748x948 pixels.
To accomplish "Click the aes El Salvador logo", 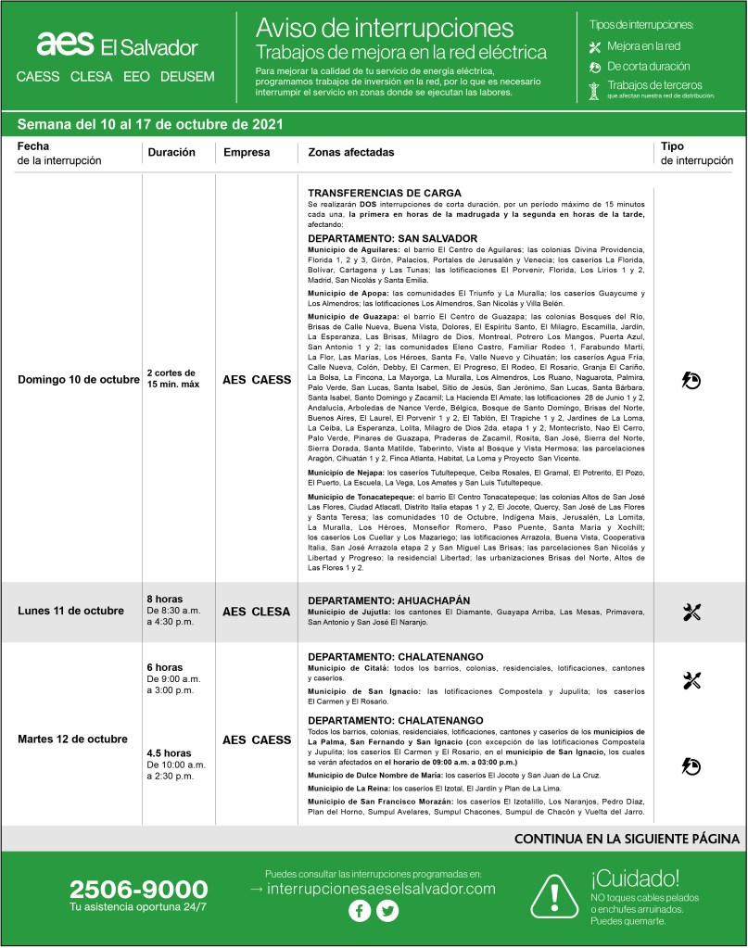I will [x=117, y=45].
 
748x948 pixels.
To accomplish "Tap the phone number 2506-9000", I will [x=138, y=890].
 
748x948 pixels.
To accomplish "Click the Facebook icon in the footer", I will [x=359, y=911].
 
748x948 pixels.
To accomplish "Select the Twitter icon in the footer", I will [x=387, y=911].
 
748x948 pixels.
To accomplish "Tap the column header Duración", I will [x=171, y=152].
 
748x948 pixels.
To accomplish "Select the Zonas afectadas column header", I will [x=345, y=152].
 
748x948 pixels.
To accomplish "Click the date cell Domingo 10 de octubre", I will [x=79, y=380].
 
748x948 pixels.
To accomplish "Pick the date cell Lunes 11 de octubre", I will [x=70, y=611].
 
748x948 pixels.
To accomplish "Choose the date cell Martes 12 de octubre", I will [x=74, y=739].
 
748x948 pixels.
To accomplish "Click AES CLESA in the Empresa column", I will [x=257, y=611].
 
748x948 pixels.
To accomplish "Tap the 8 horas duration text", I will [x=164, y=599].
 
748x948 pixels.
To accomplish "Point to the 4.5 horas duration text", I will [x=169, y=753].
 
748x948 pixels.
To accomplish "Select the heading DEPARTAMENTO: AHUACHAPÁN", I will [x=389, y=600].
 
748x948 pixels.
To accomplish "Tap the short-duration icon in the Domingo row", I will [x=691, y=380].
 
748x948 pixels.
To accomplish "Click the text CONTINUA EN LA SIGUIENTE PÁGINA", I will [x=627, y=839].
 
